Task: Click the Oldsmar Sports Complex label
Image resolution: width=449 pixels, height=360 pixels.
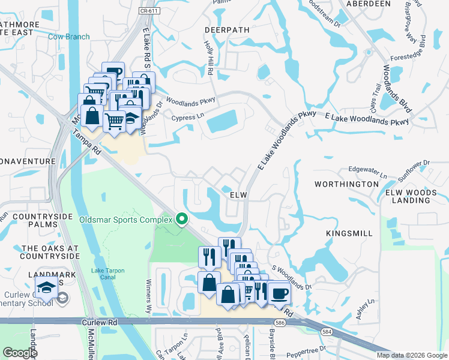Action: click(126, 220)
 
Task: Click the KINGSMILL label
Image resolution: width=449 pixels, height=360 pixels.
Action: click(349, 233)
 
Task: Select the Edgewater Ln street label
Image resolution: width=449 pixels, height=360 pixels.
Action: click(368, 173)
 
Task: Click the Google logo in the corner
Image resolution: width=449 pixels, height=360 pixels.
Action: click(20, 353)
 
